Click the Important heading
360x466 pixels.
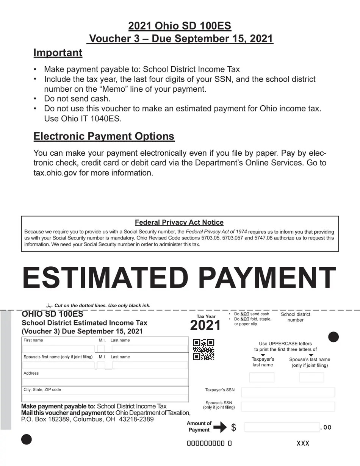(58, 53)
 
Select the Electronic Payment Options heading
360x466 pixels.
(104, 136)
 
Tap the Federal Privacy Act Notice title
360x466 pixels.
(179, 222)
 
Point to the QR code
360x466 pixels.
(203, 350)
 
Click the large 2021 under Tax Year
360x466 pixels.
(205, 325)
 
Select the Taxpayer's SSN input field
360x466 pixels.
(288, 392)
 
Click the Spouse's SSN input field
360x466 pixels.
(288, 407)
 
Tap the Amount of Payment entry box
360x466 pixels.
(282, 427)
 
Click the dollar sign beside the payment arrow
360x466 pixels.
(233, 427)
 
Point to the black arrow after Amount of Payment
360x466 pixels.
(220, 427)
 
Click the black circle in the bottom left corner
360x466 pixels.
(27, 439)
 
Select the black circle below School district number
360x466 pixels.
(333, 337)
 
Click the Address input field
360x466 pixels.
(105, 382)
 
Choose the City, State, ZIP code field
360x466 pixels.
(105, 397)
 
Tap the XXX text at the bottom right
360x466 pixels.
(303, 443)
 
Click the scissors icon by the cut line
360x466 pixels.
(49, 306)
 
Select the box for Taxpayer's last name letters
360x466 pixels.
(261, 377)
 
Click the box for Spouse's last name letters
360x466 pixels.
(311, 377)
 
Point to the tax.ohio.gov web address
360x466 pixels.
(55, 173)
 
